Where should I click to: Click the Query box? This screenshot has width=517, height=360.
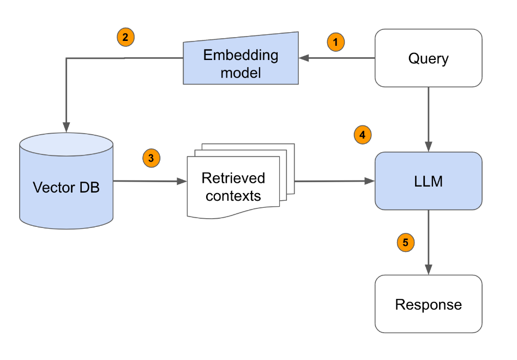[428, 58]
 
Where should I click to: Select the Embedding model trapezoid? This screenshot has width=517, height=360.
[241, 63]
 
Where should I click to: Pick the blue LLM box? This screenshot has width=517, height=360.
[428, 181]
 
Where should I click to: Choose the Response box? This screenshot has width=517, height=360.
[428, 304]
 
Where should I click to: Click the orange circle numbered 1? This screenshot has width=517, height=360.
[336, 41]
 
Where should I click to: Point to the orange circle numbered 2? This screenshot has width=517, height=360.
[125, 38]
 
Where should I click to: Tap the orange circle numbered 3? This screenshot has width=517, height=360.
[151, 158]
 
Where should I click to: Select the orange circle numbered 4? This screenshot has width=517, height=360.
[362, 135]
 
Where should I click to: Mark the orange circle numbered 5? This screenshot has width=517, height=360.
[405, 242]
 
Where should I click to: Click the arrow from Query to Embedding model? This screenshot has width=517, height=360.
[337, 58]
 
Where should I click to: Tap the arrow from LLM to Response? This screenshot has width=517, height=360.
[429, 242]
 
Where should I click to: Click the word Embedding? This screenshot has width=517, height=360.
[241, 55]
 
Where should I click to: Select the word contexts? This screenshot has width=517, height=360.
[233, 196]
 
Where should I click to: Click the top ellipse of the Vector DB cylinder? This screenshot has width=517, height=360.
[66, 143]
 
